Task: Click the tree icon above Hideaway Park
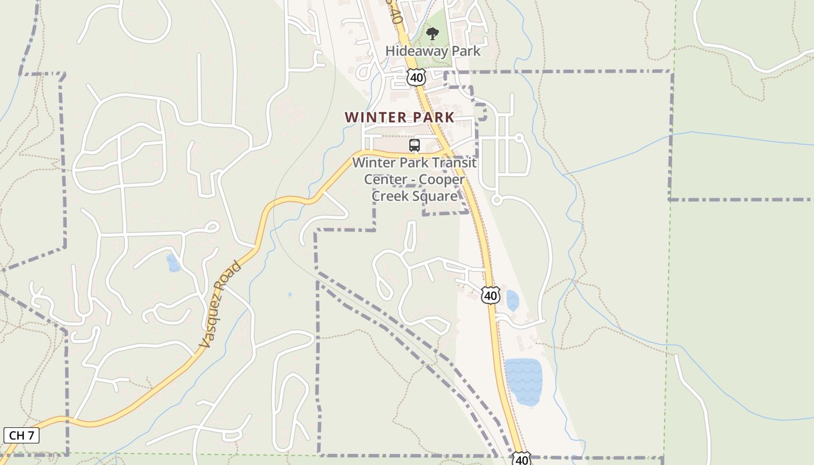[x=432, y=34]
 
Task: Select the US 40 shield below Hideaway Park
[x=416, y=77]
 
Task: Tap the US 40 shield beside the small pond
[x=491, y=295]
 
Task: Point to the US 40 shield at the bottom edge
[x=522, y=459]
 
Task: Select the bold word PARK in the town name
[x=433, y=117]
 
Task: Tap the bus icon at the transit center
[x=415, y=145]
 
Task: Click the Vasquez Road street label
[x=220, y=305]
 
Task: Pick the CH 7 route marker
[x=21, y=435]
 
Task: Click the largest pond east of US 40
[x=523, y=381]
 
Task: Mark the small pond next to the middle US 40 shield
[x=512, y=301]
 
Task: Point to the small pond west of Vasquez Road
[x=173, y=263]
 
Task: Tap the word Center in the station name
[x=384, y=179]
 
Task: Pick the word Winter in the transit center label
[x=373, y=163]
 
